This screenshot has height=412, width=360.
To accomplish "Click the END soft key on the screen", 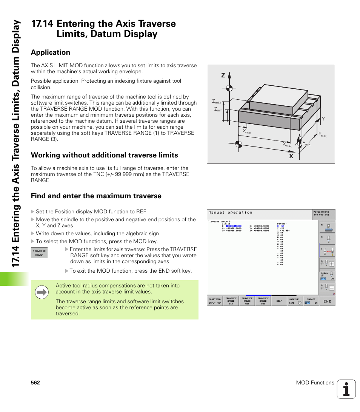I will pos(327,301).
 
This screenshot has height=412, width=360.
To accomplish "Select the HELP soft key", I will pos(279,301).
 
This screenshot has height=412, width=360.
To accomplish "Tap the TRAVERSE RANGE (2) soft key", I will pos(247,301).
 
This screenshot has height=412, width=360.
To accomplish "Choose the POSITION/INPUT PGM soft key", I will pos(215,301).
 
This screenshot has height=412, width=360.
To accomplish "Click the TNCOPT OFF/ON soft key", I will pos(311,301).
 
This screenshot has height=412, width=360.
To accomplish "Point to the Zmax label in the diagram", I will pos(217,102).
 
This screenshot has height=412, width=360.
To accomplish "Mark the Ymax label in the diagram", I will pos(322,134).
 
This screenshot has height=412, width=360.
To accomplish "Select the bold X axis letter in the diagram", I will pos(291,156).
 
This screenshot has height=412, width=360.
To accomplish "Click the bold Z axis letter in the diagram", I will pos(223,76).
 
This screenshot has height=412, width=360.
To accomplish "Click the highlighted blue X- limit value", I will pos(234,226).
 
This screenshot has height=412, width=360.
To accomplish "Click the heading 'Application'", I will pos(51,52).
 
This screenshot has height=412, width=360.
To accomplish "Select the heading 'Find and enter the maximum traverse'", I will pos(96,196).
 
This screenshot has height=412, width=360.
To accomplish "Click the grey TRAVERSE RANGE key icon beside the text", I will pos(39,253).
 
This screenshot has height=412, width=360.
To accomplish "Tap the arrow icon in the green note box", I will pos(42,292).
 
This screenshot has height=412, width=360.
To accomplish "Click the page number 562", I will pos(35,383).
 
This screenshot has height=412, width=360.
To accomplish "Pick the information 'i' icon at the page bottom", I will pos(346,389).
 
